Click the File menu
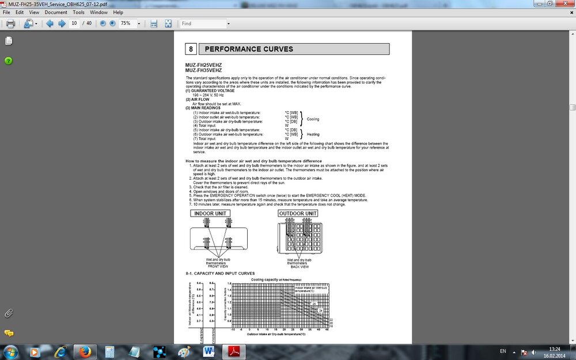(x=6, y=12)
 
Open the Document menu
(x=56, y=12)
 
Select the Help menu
(x=118, y=12)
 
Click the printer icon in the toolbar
(x=10, y=24)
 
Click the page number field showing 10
(x=74, y=24)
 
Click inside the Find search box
(x=202, y=24)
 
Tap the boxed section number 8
(x=191, y=49)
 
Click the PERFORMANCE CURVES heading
(x=249, y=49)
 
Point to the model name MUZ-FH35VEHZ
(x=203, y=70)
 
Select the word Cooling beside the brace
(x=313, y=119)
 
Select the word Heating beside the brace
(x=313, y=134)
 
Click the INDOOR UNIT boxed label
(x=210, y=213)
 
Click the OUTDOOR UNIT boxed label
(x=298, y=213)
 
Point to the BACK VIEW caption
(x=299, y=267)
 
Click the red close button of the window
(x=566, y=4)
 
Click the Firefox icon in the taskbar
(x=85, y=351)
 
